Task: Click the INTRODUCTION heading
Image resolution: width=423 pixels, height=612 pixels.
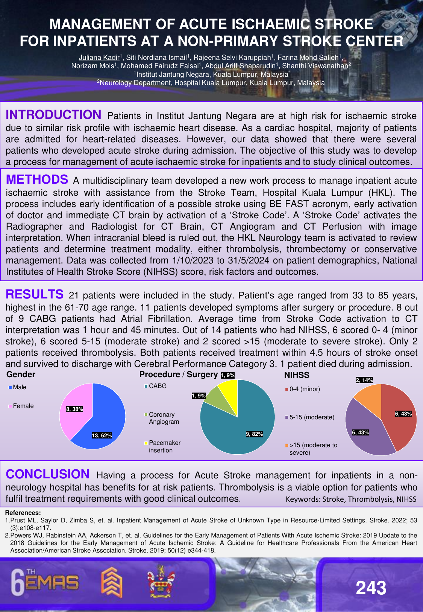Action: pos(53,114)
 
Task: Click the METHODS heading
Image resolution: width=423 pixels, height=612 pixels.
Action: pos(37,180)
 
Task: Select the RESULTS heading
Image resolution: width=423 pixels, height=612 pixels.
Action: pos(35,294)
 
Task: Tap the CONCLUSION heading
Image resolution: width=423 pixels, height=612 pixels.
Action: pos(47,474)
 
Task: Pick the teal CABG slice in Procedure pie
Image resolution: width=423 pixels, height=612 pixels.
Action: pos(241,425)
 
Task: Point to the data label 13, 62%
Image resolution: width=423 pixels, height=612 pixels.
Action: pos(102,435)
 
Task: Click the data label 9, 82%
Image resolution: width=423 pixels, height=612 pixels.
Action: pos(254,434)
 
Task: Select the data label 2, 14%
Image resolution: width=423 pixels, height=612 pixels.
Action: pos(364,380)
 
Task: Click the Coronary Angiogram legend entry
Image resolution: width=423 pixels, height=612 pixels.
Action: pos(162,418)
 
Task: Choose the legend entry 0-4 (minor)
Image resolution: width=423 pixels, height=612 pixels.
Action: pos(304,389)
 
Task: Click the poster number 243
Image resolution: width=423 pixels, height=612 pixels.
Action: pos(371,588)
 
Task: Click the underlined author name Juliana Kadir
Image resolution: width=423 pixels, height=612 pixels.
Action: pos(99,58)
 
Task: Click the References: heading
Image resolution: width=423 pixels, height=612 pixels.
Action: pos(23,513)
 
